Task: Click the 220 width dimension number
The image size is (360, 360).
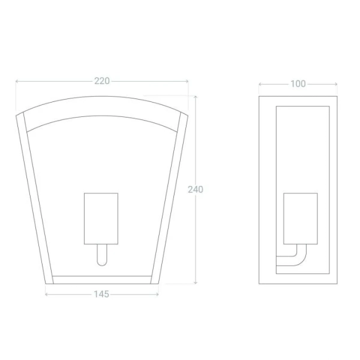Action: pos(102,81)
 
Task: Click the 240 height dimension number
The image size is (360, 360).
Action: pos(196,190)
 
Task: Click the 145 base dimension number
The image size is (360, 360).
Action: pos(102,294)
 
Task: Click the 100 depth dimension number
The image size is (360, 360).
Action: pos(298,84)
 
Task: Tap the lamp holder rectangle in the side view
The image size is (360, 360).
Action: pos(300,218)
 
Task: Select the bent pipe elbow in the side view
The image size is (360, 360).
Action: pos(298,260)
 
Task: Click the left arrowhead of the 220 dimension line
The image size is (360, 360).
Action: pos(17,81)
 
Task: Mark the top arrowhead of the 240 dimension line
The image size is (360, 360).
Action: pos(196,97)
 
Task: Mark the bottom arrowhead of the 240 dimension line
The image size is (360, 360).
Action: pos(196,283)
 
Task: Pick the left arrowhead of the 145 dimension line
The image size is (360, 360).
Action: pos(47,294)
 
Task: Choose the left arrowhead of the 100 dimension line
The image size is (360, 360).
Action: pos(260,84)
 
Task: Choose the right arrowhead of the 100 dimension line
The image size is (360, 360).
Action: pos(336,84)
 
